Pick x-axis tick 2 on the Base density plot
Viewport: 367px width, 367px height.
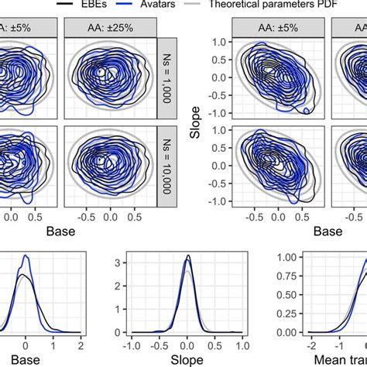[81, 342]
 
